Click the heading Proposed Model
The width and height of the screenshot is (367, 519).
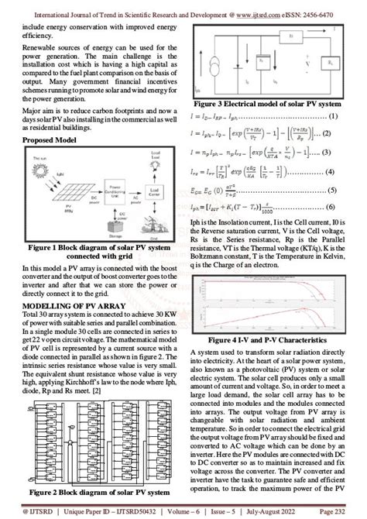pos(50,139)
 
